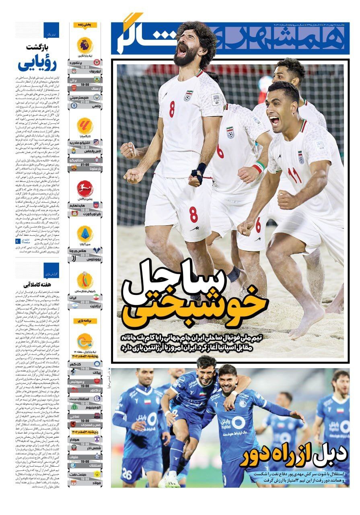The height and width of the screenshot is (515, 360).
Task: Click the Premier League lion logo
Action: pyautogui.click(x=85, y=45)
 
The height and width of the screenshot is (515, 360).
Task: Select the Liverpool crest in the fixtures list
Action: pyautogui.click(x=74, y=71)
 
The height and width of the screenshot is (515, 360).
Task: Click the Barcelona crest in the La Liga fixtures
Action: pyautogui.click(x=74, y=167)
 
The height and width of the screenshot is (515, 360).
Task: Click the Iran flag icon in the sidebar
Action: pyautogui.click(x=96, y=297)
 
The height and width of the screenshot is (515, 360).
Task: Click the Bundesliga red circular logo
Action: pyautogui.click(x=85, y=188)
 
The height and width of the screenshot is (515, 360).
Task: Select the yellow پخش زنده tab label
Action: pyautogui.click(x=85, y=25)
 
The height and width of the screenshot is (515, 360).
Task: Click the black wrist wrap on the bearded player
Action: pyautogui.click(x=199, y=171)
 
